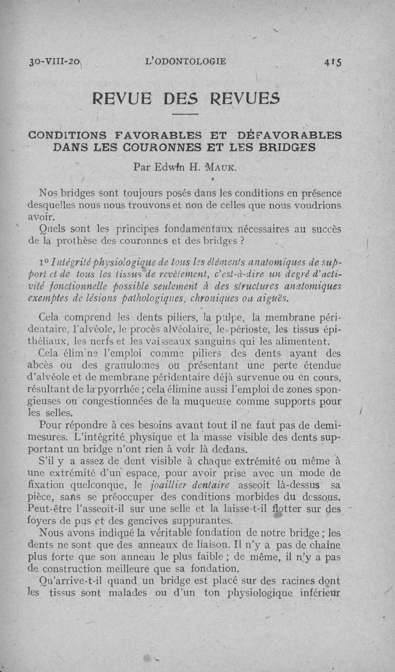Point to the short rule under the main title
[x=186, y=115]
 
